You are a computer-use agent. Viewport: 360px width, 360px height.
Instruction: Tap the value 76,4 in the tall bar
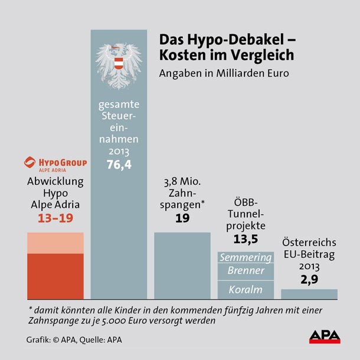click(x=119, y=165)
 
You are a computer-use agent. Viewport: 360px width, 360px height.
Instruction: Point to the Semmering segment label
click(x=246, y=258)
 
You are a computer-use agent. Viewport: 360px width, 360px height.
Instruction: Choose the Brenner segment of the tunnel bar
click(x=246, y=271)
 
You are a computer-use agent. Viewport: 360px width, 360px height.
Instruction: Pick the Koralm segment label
click(x=246, y=290)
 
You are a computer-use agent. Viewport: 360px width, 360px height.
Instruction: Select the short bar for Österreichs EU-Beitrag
click(x=309, y=294)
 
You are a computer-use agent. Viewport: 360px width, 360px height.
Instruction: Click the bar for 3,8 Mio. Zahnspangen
click(x=182, y=266)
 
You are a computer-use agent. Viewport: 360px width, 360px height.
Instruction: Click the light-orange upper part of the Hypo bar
click(x=55, y=243)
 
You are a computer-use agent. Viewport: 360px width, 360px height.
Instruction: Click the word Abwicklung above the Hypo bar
click(x=55, y=182)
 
